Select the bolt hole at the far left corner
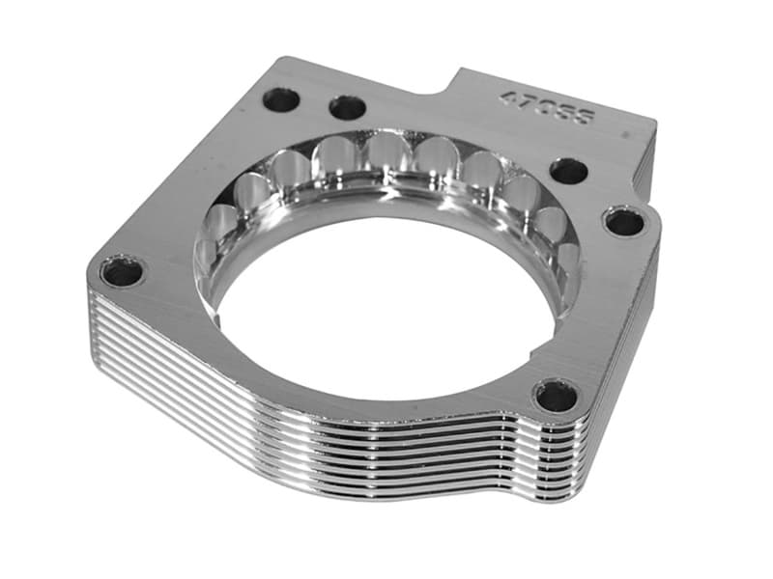(x=122, y=272)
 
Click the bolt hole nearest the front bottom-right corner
(x=557, y=395)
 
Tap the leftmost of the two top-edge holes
(x=282, y=98)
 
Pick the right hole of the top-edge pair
(x=347, y=107)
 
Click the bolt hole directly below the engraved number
(x=569, y=172)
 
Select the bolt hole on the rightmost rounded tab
(x=624, y=223)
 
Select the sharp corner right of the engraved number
(x=655, y=123)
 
